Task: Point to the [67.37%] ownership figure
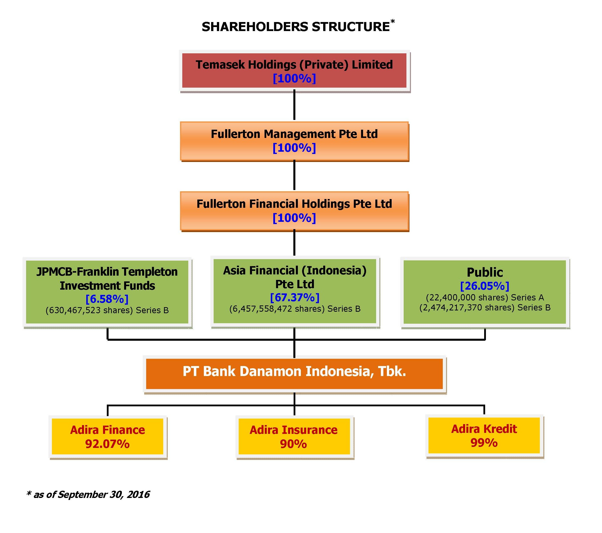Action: [x=295, y=297]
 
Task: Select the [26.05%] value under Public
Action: [x=484, y=286]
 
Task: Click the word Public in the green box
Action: [x=485, y=272]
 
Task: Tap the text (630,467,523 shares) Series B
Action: [x=107, y=310]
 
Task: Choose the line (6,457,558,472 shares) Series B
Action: [x=295, y=309]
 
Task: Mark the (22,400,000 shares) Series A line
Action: [x=485, y=297]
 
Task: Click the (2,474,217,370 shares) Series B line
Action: [x=485, y=308]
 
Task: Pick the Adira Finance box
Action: [x=108, y=437]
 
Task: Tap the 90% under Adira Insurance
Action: [x=293, y=444]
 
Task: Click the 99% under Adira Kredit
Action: [x=484, y=443]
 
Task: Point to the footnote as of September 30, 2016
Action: [x=88, y=494]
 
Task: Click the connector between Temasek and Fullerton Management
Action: [x=294, y=105]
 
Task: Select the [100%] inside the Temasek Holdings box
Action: [x=294, y=78]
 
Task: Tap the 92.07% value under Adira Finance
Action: [x=108, y=444]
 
